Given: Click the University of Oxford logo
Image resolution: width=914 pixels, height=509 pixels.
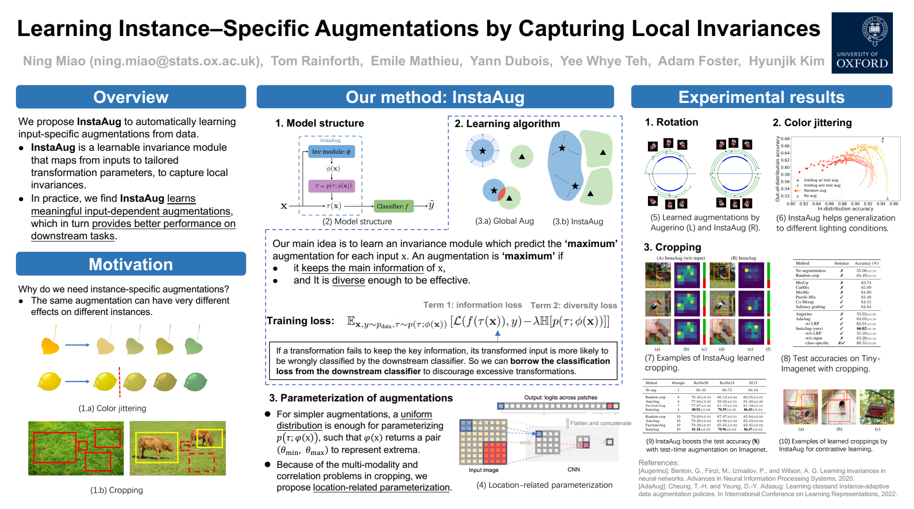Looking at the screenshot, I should click(x=862, y=43).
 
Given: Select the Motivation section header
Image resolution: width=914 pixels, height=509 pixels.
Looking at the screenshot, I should click(x=131, y=264).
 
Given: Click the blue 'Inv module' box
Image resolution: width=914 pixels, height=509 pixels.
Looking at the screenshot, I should click(x=331, y=152).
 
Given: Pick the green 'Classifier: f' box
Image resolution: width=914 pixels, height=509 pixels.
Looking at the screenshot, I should click(x=393, y=206).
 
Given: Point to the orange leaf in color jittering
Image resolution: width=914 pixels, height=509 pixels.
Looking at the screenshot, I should click(x=50, y=345).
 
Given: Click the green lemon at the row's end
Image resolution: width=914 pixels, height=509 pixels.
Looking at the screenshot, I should click(x=196, y=382).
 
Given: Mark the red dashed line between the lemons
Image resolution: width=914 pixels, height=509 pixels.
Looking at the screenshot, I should click(x=119, y=382).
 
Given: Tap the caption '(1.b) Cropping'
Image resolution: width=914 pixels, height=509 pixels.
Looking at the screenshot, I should click(x=117, y=490).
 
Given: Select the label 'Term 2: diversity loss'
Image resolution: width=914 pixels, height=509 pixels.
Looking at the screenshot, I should click(x=573, y=306).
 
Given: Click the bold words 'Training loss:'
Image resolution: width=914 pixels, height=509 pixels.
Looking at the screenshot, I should click(x=300, y=321).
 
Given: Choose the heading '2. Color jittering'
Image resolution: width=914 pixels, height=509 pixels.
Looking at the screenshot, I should click(x=812, y=122).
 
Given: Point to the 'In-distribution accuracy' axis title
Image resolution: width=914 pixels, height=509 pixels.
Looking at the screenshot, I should click(x=845, y=209).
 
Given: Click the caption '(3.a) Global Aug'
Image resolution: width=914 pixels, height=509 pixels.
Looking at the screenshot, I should click(x=504, y=221).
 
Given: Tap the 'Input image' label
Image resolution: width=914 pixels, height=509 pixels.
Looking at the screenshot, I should click(x=483, y=470).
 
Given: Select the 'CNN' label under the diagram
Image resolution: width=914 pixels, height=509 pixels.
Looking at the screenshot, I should click(x=573, y=469).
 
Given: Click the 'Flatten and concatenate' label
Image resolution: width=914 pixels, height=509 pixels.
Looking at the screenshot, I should click(x=600, y=423).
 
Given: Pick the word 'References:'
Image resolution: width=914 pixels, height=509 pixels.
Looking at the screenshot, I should click(x=658, y=463).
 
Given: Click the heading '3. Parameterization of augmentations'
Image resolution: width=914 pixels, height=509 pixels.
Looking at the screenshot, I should click(x=361, y=398).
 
